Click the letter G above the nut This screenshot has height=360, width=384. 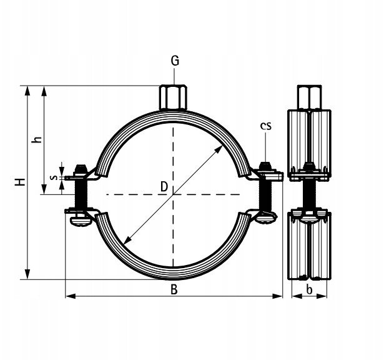click(x=175, y=61)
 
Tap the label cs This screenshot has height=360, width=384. click(x=266, y=126)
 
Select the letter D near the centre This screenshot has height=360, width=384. click(x=164, y=186)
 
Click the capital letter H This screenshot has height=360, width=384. click(x=21, y=182)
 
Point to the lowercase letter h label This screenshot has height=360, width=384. click(x=37, y=139)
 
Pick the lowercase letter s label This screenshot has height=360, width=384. click(x=54, y=177)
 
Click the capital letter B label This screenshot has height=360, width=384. click(x=174, y=289)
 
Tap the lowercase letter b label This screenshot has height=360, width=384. click(x=309, y=289)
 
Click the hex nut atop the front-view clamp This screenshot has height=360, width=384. click(x=173, y=97)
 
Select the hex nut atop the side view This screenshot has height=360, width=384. click(x=309, y=97)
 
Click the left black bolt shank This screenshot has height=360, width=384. click(x=81, y=194)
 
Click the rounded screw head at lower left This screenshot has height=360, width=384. click(x=80, y=221)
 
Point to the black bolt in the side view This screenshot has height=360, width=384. click(x=309, y=194)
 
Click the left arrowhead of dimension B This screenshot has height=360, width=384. click(x=71, y=296)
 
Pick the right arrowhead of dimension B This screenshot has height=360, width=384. click(x=277, y=296)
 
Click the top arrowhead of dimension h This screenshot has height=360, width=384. click(x=44, y=91)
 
